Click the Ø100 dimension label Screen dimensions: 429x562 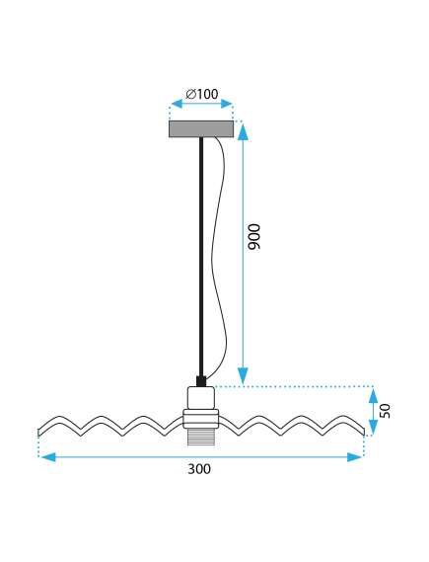202,94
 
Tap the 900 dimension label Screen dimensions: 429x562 254,237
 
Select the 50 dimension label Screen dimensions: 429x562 385,411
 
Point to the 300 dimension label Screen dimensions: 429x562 199,469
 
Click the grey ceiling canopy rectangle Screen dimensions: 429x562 201,129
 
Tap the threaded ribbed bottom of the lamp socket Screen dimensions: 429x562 201,437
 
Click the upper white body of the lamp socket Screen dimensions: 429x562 201,398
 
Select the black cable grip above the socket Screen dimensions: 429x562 201,381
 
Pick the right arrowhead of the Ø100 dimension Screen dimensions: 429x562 227,104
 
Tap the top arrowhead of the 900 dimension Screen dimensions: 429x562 243,131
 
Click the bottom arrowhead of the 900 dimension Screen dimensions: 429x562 243,375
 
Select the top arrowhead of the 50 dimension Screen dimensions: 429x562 373,396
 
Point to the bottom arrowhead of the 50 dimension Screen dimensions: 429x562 373,427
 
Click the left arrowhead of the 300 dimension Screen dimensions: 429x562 48,457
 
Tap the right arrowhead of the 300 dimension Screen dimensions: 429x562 354,457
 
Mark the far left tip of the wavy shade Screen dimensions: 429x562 38,433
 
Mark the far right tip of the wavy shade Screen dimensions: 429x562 364,432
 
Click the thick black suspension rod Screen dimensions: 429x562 201,256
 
